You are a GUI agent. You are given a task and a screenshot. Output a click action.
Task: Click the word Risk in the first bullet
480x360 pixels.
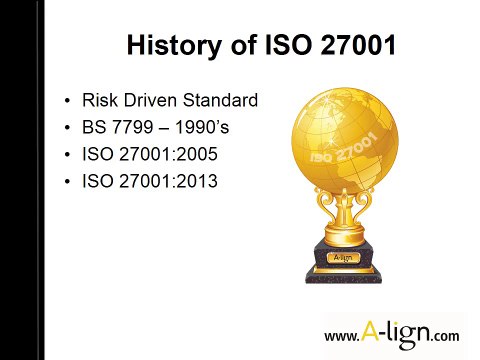97,100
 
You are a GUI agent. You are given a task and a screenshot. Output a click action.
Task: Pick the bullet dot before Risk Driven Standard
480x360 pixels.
66,101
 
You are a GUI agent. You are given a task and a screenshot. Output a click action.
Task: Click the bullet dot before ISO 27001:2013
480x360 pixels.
66,185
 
